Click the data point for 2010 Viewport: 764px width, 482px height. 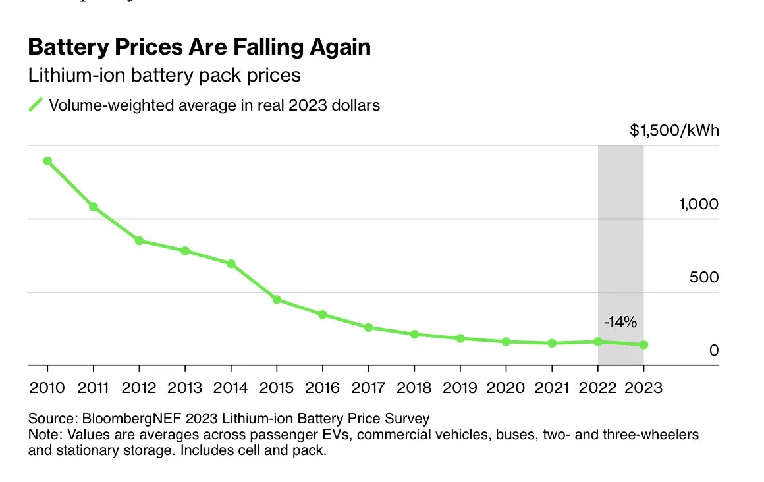click(x=47, y=161)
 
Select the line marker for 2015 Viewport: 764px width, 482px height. click(x=277, y=299)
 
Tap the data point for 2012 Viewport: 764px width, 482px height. click(x=140, y=241)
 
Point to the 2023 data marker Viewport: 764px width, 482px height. click(x=643, y=344)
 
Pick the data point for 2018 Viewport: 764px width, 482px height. click(x=414, y=335)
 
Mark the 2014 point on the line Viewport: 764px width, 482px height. click(x=231, y=263)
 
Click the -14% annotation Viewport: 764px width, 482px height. click(x=620, y=321)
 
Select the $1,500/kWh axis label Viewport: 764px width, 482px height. click(x=674, y=130)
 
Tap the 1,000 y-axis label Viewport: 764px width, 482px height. click(x=699, y=203)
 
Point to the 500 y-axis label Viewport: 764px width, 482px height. click(x=704, y=277)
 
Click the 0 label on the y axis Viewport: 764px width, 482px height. click(x=714, y=350)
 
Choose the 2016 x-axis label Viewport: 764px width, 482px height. click(x=322, y=387)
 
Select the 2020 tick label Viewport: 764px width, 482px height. click(x=506, y=387)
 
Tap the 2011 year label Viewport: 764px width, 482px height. click(x=93, y=387)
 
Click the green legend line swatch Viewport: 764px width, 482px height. click(x=36, y=104)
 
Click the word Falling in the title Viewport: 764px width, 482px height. click(x=267, y=47)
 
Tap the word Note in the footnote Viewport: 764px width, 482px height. click(x=44, y=434)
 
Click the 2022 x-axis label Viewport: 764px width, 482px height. click(x=597, y=387)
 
